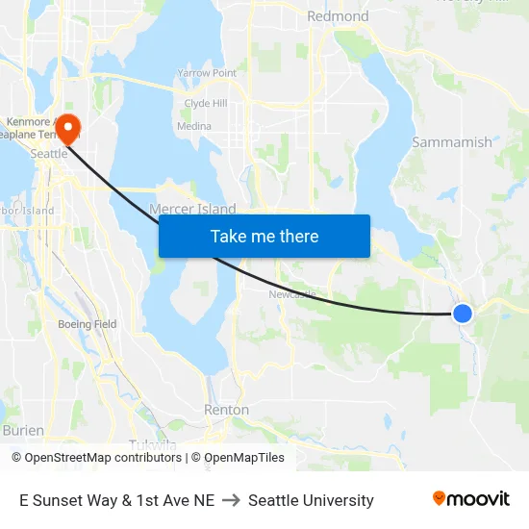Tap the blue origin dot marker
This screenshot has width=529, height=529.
pyautogui.click(x=463, y=313)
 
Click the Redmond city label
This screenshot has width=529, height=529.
pyautogui.click(x=338, y=16)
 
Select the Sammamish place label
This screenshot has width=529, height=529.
pyautogui.click(x=451, y=142)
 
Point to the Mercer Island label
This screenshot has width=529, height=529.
pyautogui.click(x=192, y=209)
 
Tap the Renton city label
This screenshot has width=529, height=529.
pyautogui.click(x=226, y=410)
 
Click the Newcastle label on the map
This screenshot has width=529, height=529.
pyautogui.click(x=291, y=294)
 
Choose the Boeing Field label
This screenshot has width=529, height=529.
pyautogui.click(x=87, y=324)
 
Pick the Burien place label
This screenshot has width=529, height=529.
pyautogui.click(x=23, y=430)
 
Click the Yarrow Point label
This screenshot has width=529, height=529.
pyautogui.click(x=207, y=73)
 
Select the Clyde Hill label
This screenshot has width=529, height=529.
pyautogui.click(x=206, y=104)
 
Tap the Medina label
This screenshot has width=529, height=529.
pyautogui.click(x=194, y=126)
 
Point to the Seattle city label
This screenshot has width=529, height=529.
pyautogui.click(x=48, y=153)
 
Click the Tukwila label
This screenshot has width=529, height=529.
pyautogui.click(x=152, y=443)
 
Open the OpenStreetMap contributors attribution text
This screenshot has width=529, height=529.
pyautogui.click(x=103, y=458)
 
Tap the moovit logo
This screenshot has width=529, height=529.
pyautogui.click(x=471, y=498)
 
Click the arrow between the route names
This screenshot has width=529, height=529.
pyautogui.click(x=231, y=500)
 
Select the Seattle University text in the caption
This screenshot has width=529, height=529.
pyautogui.click(x=311, y=500)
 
